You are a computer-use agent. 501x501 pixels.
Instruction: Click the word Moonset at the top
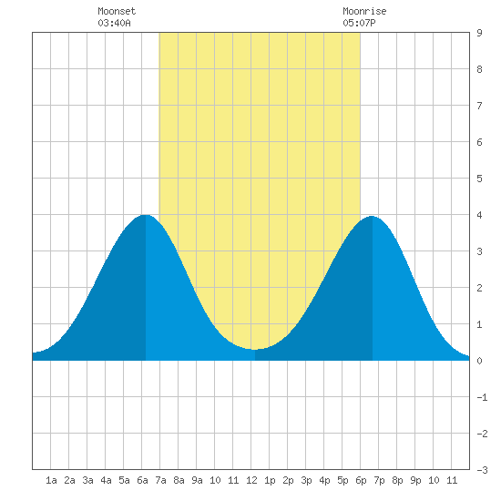click(x=117, y=11)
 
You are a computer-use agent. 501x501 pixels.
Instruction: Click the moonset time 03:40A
click(x=114, y=23)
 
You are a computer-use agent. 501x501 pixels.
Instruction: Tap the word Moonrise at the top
click(x=364, y=11)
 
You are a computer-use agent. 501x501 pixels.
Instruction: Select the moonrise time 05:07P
click(x=359, y=23)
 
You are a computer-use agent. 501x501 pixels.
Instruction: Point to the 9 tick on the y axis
click(x=479, y=33)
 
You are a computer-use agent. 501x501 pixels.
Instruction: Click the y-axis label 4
click(x=479, y=215)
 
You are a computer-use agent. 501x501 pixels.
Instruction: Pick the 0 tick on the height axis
click(x=479, y=361)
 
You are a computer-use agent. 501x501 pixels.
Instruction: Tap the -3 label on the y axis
click(x=482, y=470)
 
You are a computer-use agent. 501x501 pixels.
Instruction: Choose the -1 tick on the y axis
click(x=482, y=397)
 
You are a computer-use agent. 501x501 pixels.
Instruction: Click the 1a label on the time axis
click(x=51, y=480)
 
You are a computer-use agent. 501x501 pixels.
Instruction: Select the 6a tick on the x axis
click(x=142, y=480)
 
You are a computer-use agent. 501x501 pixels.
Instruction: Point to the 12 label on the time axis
click(x=251, y=480)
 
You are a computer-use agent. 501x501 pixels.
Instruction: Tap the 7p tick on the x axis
click(x=379, y=480)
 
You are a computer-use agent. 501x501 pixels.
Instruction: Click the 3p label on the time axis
click(x=306, y=480)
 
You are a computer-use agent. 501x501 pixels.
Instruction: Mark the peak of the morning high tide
click(x=146, y=215)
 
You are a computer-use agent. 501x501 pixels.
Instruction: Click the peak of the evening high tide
click(x=372, y=216)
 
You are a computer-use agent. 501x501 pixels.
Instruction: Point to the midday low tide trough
click(x=255, y=350)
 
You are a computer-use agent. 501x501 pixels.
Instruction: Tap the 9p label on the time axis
click(x=415, y=480)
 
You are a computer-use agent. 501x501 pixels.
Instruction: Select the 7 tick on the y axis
click(x=479, y=106)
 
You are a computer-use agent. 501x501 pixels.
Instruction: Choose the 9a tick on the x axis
click(x=197, y=480)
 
